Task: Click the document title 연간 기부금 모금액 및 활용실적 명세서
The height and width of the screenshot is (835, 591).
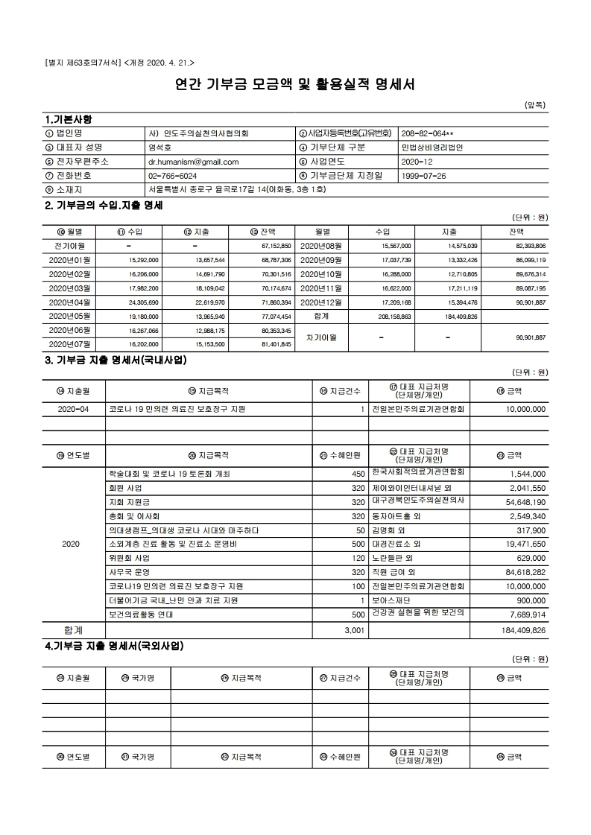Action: (294, 83)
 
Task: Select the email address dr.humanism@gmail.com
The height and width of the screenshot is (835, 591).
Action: (193, 161)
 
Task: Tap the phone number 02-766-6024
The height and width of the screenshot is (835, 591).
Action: (174, 175)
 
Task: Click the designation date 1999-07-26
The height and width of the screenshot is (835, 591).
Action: (423, 175)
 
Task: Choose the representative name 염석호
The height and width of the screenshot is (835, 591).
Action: (160, 147)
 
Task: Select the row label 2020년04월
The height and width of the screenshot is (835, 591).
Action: (69, 302)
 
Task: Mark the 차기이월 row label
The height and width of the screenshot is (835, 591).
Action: (323, 337)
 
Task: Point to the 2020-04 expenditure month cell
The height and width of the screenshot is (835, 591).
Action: (74, 409)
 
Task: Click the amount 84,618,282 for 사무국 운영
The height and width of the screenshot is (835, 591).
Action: (519, 572)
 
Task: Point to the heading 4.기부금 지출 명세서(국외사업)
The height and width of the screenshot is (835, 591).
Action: (114, 645)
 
